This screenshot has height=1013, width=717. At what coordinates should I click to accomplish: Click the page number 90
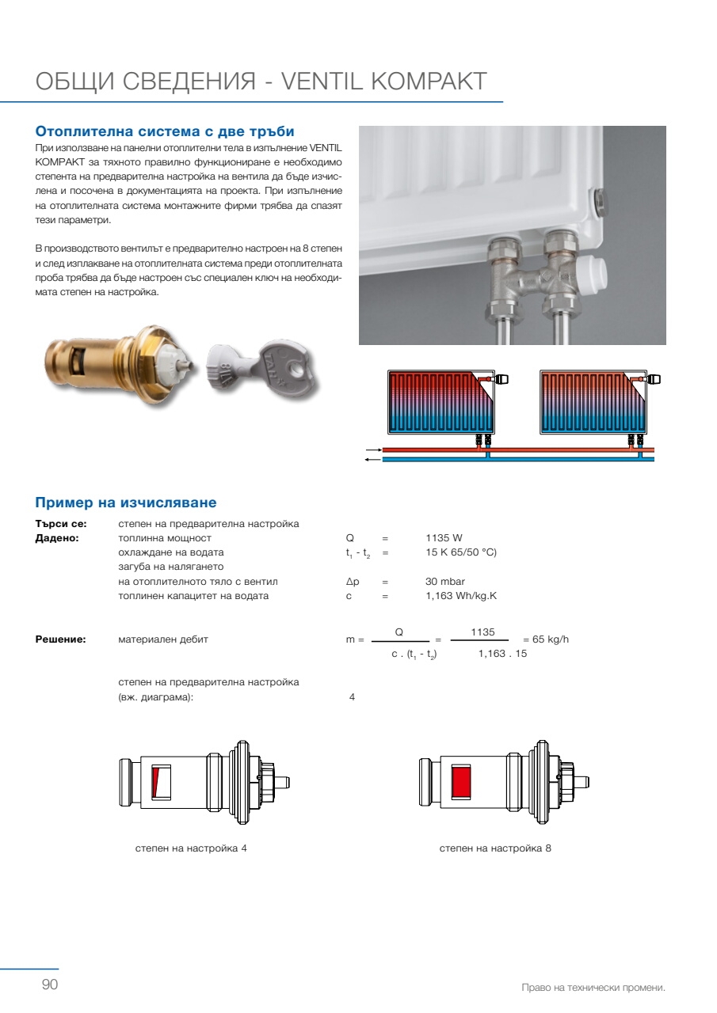(x=50, y=985)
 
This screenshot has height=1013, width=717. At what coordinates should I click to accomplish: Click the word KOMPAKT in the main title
(x=428, y=82)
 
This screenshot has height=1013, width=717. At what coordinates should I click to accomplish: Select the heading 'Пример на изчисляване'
(x=126, y=503)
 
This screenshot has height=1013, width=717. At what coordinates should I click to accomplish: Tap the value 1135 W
(x=444, y=538)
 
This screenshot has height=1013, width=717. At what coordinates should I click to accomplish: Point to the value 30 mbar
(x=445, y=582)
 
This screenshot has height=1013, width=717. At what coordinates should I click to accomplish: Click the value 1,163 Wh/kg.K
(x=461, y=596)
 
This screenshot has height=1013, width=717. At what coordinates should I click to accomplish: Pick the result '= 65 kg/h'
(x=546, y=639)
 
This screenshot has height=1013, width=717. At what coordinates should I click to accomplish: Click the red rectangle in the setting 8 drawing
(x=461, y=782)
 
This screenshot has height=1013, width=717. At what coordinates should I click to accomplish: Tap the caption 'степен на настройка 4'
(x=191, y=848)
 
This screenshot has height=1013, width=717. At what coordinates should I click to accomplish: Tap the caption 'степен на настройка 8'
(x=495, y=848)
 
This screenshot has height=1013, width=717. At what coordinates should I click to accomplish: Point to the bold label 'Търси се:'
(x=61, y=524)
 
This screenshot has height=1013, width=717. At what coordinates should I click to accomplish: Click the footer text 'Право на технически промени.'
(x=593, y=988)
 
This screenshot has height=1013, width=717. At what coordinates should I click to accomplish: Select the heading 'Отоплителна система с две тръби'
(x=165, y=131)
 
